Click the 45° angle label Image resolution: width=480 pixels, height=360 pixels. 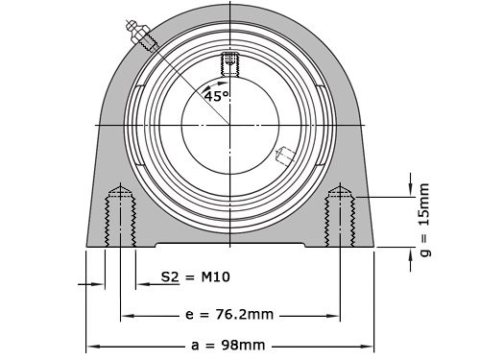tap(216, 96)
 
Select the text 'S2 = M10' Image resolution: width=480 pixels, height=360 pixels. tap(195, 277)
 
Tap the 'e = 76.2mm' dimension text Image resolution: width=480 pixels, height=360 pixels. tap(229, 313)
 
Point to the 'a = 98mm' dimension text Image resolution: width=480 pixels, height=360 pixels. tap(229, 345)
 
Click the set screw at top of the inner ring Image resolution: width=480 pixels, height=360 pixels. tap(229, 63)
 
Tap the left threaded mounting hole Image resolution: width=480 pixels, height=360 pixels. tap(120, 216)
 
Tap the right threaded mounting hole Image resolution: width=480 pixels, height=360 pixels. tap(341, 216)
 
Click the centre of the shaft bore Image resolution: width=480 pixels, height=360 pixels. tap(230, 125)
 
